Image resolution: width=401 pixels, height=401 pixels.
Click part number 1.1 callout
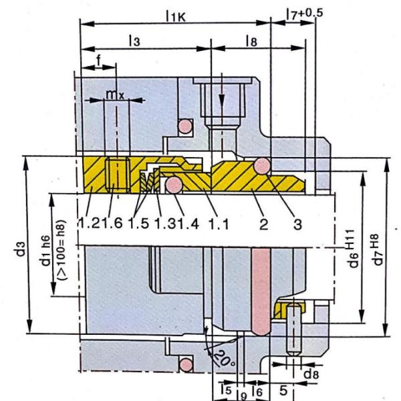(217, 225)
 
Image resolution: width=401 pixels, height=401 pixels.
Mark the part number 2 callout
(264, 225)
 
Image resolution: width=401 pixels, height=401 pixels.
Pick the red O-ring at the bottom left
(185, 364)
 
